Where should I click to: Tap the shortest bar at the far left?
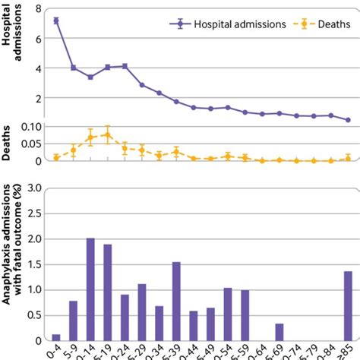(56, 337)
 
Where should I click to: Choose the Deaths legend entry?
(324, 24)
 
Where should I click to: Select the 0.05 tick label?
(33, 144)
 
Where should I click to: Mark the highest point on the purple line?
(56, 21)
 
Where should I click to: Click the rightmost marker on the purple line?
(348, 120)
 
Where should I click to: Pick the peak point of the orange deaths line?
(108, 134)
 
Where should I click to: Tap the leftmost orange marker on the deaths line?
(56, 157)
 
